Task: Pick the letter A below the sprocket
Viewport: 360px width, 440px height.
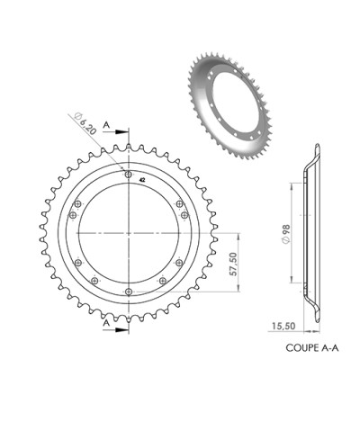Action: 107,320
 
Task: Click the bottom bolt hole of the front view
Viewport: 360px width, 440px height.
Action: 130,292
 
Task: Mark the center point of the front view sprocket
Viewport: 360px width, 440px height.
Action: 130,233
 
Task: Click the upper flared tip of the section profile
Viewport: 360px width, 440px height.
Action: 318,148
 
